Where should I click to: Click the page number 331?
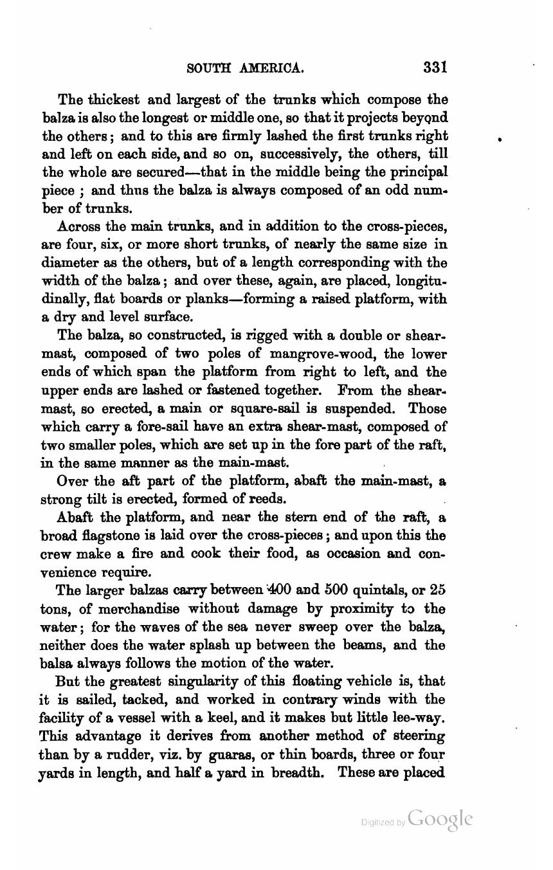(x=435, y=68)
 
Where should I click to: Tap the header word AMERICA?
(x=269, y=68)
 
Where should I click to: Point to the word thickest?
(x=114, y=100)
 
